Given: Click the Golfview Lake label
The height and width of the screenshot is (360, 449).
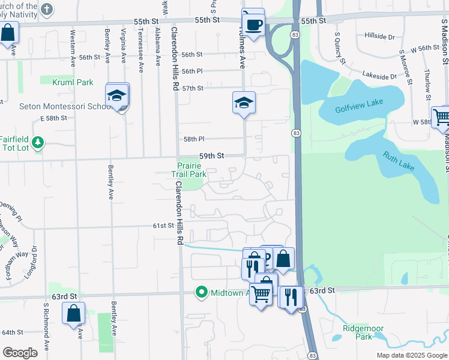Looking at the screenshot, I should (359, 103).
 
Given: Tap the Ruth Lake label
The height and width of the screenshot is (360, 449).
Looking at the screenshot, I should (399, 161).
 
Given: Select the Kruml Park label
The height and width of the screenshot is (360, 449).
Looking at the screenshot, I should (68, 82).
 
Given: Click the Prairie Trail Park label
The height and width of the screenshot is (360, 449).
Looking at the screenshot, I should (191, 170).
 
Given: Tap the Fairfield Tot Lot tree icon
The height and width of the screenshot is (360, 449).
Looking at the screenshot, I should (38, 142).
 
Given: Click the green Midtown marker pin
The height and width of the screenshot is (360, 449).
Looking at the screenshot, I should (203, 292).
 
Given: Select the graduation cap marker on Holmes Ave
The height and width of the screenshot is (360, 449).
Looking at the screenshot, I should (244, 103).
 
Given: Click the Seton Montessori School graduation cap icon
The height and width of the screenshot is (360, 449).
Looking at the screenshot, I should (116, 95).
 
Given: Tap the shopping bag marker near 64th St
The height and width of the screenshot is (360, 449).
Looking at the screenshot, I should (74, 313).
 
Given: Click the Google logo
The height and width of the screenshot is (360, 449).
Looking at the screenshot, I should (20, 353).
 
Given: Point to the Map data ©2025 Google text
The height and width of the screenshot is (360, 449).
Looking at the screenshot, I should (411, 355).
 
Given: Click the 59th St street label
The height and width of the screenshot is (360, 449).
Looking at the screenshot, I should (211, 155).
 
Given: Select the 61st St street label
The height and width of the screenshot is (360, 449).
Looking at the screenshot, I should (163, 226).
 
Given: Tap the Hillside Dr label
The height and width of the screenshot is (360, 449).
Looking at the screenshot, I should (379, 36).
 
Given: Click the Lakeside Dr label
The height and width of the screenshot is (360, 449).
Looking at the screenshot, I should (379, 76).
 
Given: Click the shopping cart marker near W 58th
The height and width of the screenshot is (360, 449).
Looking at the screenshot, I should (442, 118).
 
